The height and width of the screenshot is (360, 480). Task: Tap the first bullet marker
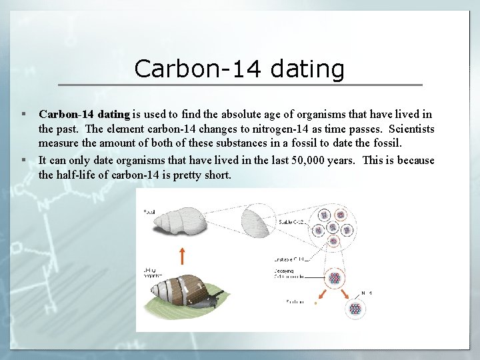(23, 115)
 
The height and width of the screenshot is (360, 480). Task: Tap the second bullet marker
(23, 160)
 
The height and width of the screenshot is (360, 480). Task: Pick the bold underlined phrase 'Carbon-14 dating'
(84, 115)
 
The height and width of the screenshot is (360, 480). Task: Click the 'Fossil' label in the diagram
(149, 211)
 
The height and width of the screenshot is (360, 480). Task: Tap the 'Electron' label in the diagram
(294, 302)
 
